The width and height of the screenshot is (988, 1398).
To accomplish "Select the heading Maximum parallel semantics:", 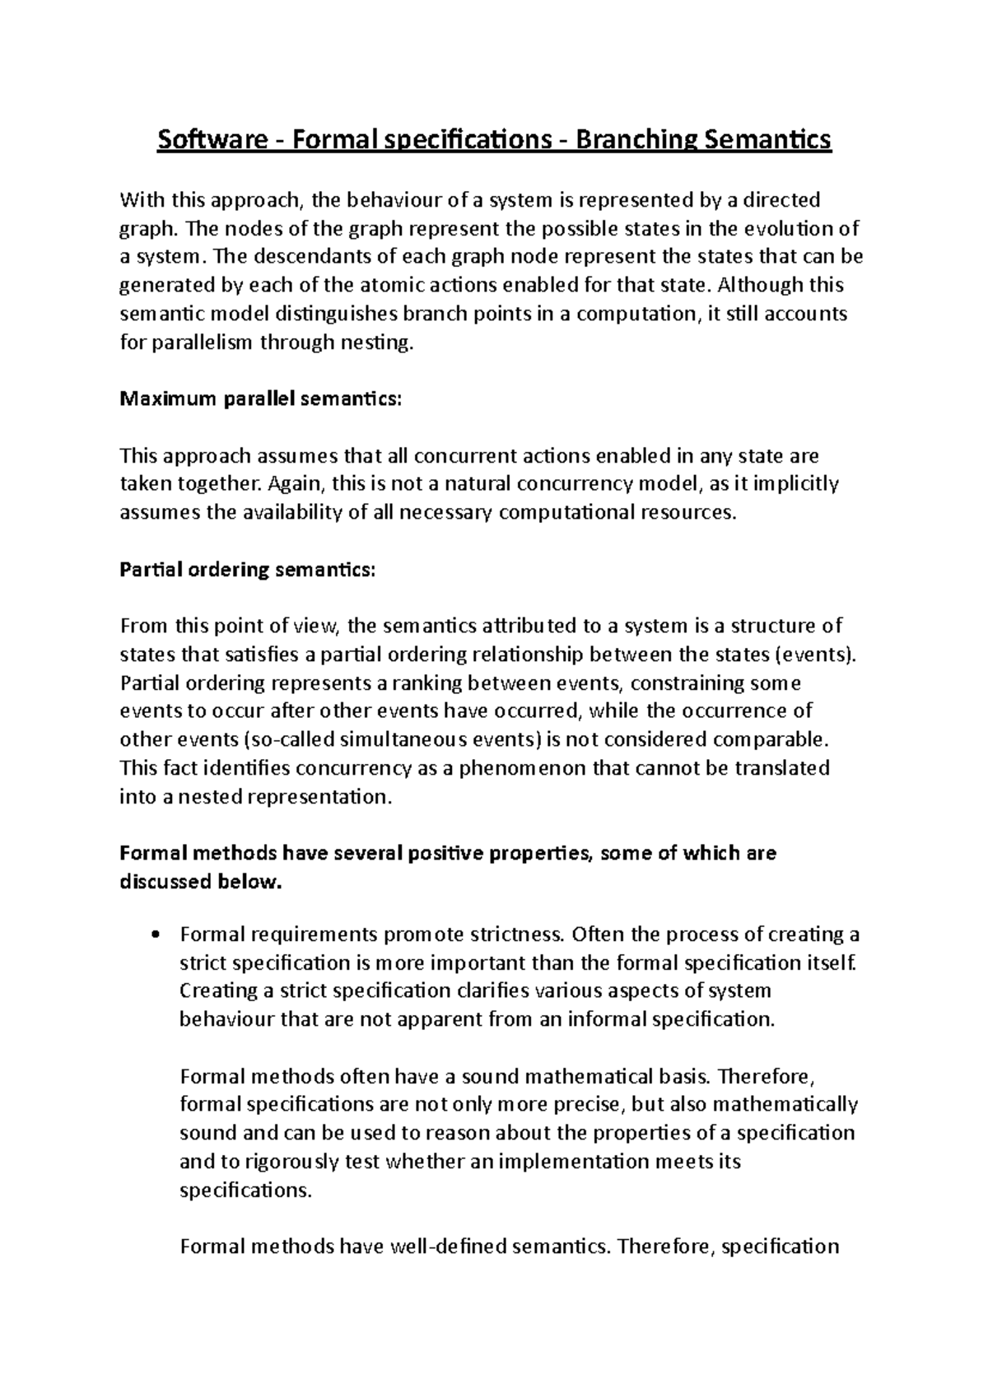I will [x=261, y=399].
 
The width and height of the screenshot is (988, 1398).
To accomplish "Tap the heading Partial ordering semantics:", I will [x=247, y=570].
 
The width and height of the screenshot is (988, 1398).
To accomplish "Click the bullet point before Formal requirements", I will [x=156, y=935].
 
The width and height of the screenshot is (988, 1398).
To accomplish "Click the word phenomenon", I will [x=500, y=768].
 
